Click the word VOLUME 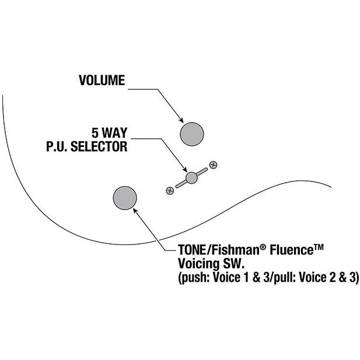[x=102, y=81]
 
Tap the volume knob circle [x=192, y=134]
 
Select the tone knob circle [x=125, y=198]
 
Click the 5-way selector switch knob [x=191, y=178]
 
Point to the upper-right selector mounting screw [x=214, y=165]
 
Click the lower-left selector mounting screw [x=170, y=191]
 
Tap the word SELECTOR [x=99, y=146]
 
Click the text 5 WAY [x=110, y=132]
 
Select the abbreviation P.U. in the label [x=57, y=146]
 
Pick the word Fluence [x=291, y=250]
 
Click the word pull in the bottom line [x=285, y=278]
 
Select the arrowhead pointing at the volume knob [x=181, y=120]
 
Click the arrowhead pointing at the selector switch [x=185, y=169]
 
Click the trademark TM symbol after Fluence [x=318, y=247]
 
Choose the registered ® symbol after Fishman [x=263, y=247]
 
